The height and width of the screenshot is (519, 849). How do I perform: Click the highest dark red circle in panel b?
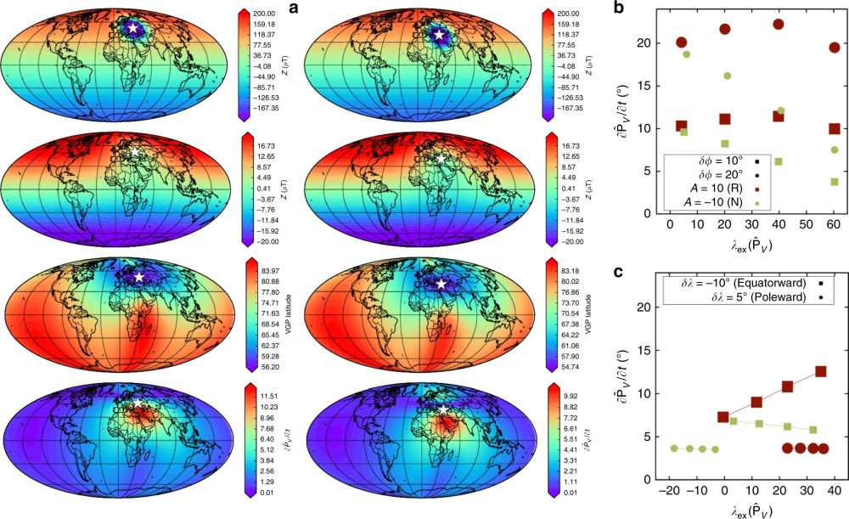click(x=779, y=24)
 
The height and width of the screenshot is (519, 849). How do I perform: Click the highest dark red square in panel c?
click(x=820, y=371)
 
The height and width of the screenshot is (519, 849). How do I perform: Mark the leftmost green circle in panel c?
click(x=674, y=448)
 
